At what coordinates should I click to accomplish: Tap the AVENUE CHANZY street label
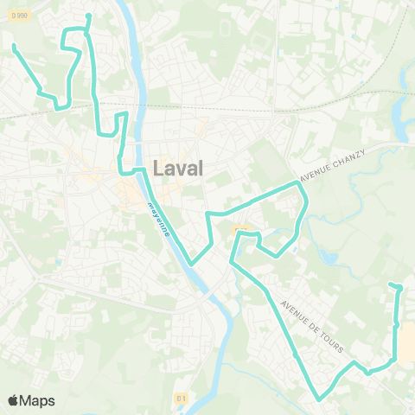click(x=333, y=164)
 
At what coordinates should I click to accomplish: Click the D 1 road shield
click(x=181, y=398)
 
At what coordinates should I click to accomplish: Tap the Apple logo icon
click(x=13, y=400)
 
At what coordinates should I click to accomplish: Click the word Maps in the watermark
click(x=38, y=400)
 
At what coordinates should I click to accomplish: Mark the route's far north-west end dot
click(x=14, y=46)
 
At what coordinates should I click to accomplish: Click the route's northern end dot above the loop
click(x=89, y=16)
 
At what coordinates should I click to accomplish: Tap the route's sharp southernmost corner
click(x=318, y=399)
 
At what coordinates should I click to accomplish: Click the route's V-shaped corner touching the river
click(x=192, y=263)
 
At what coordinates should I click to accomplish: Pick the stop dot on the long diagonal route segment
click(x=295, y=355)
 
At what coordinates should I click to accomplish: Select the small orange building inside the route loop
click(x=242, y=228)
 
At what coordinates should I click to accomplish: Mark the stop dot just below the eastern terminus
click(x=396, y=326)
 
